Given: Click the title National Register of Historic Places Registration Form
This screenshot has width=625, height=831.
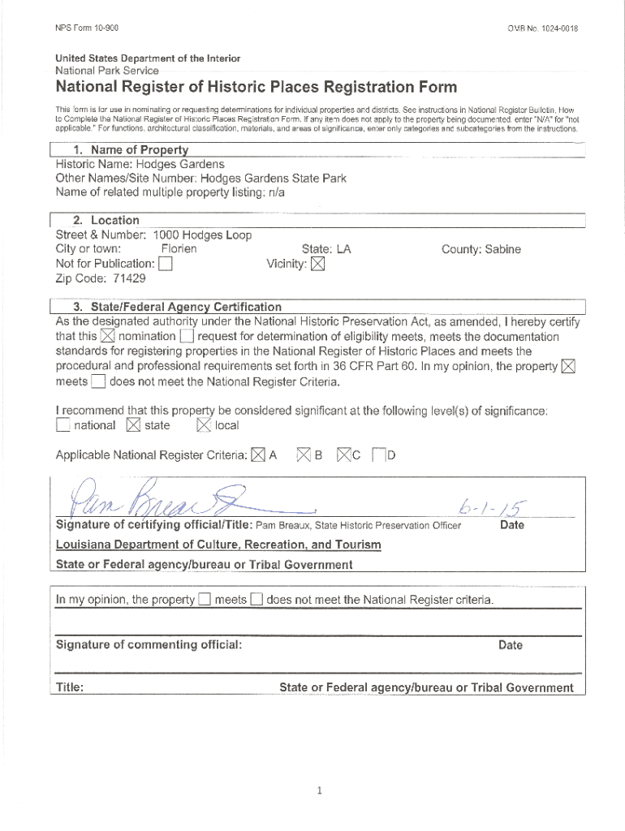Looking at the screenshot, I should point(256,87).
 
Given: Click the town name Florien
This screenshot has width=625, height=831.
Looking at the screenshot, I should point(179,249).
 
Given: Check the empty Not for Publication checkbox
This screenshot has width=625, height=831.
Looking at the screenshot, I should point(166,264).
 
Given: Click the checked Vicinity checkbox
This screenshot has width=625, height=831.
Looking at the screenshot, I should point(317,264).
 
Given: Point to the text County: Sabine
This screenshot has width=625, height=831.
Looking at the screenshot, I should point(481,249).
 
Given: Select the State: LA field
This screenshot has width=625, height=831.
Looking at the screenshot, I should point(325,249).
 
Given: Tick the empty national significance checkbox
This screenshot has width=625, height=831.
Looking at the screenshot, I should point(62,425).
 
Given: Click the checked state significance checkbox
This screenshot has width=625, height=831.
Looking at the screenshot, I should point(133,425).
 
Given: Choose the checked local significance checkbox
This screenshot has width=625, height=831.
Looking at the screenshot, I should point(203,425).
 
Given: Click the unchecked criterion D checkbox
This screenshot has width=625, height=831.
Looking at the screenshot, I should point(378,455).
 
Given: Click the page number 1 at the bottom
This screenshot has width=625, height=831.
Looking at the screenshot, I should point(321,791).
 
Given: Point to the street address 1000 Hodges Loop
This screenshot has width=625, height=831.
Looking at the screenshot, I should point(202,235).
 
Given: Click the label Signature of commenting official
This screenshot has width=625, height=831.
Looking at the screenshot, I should point(149,644).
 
